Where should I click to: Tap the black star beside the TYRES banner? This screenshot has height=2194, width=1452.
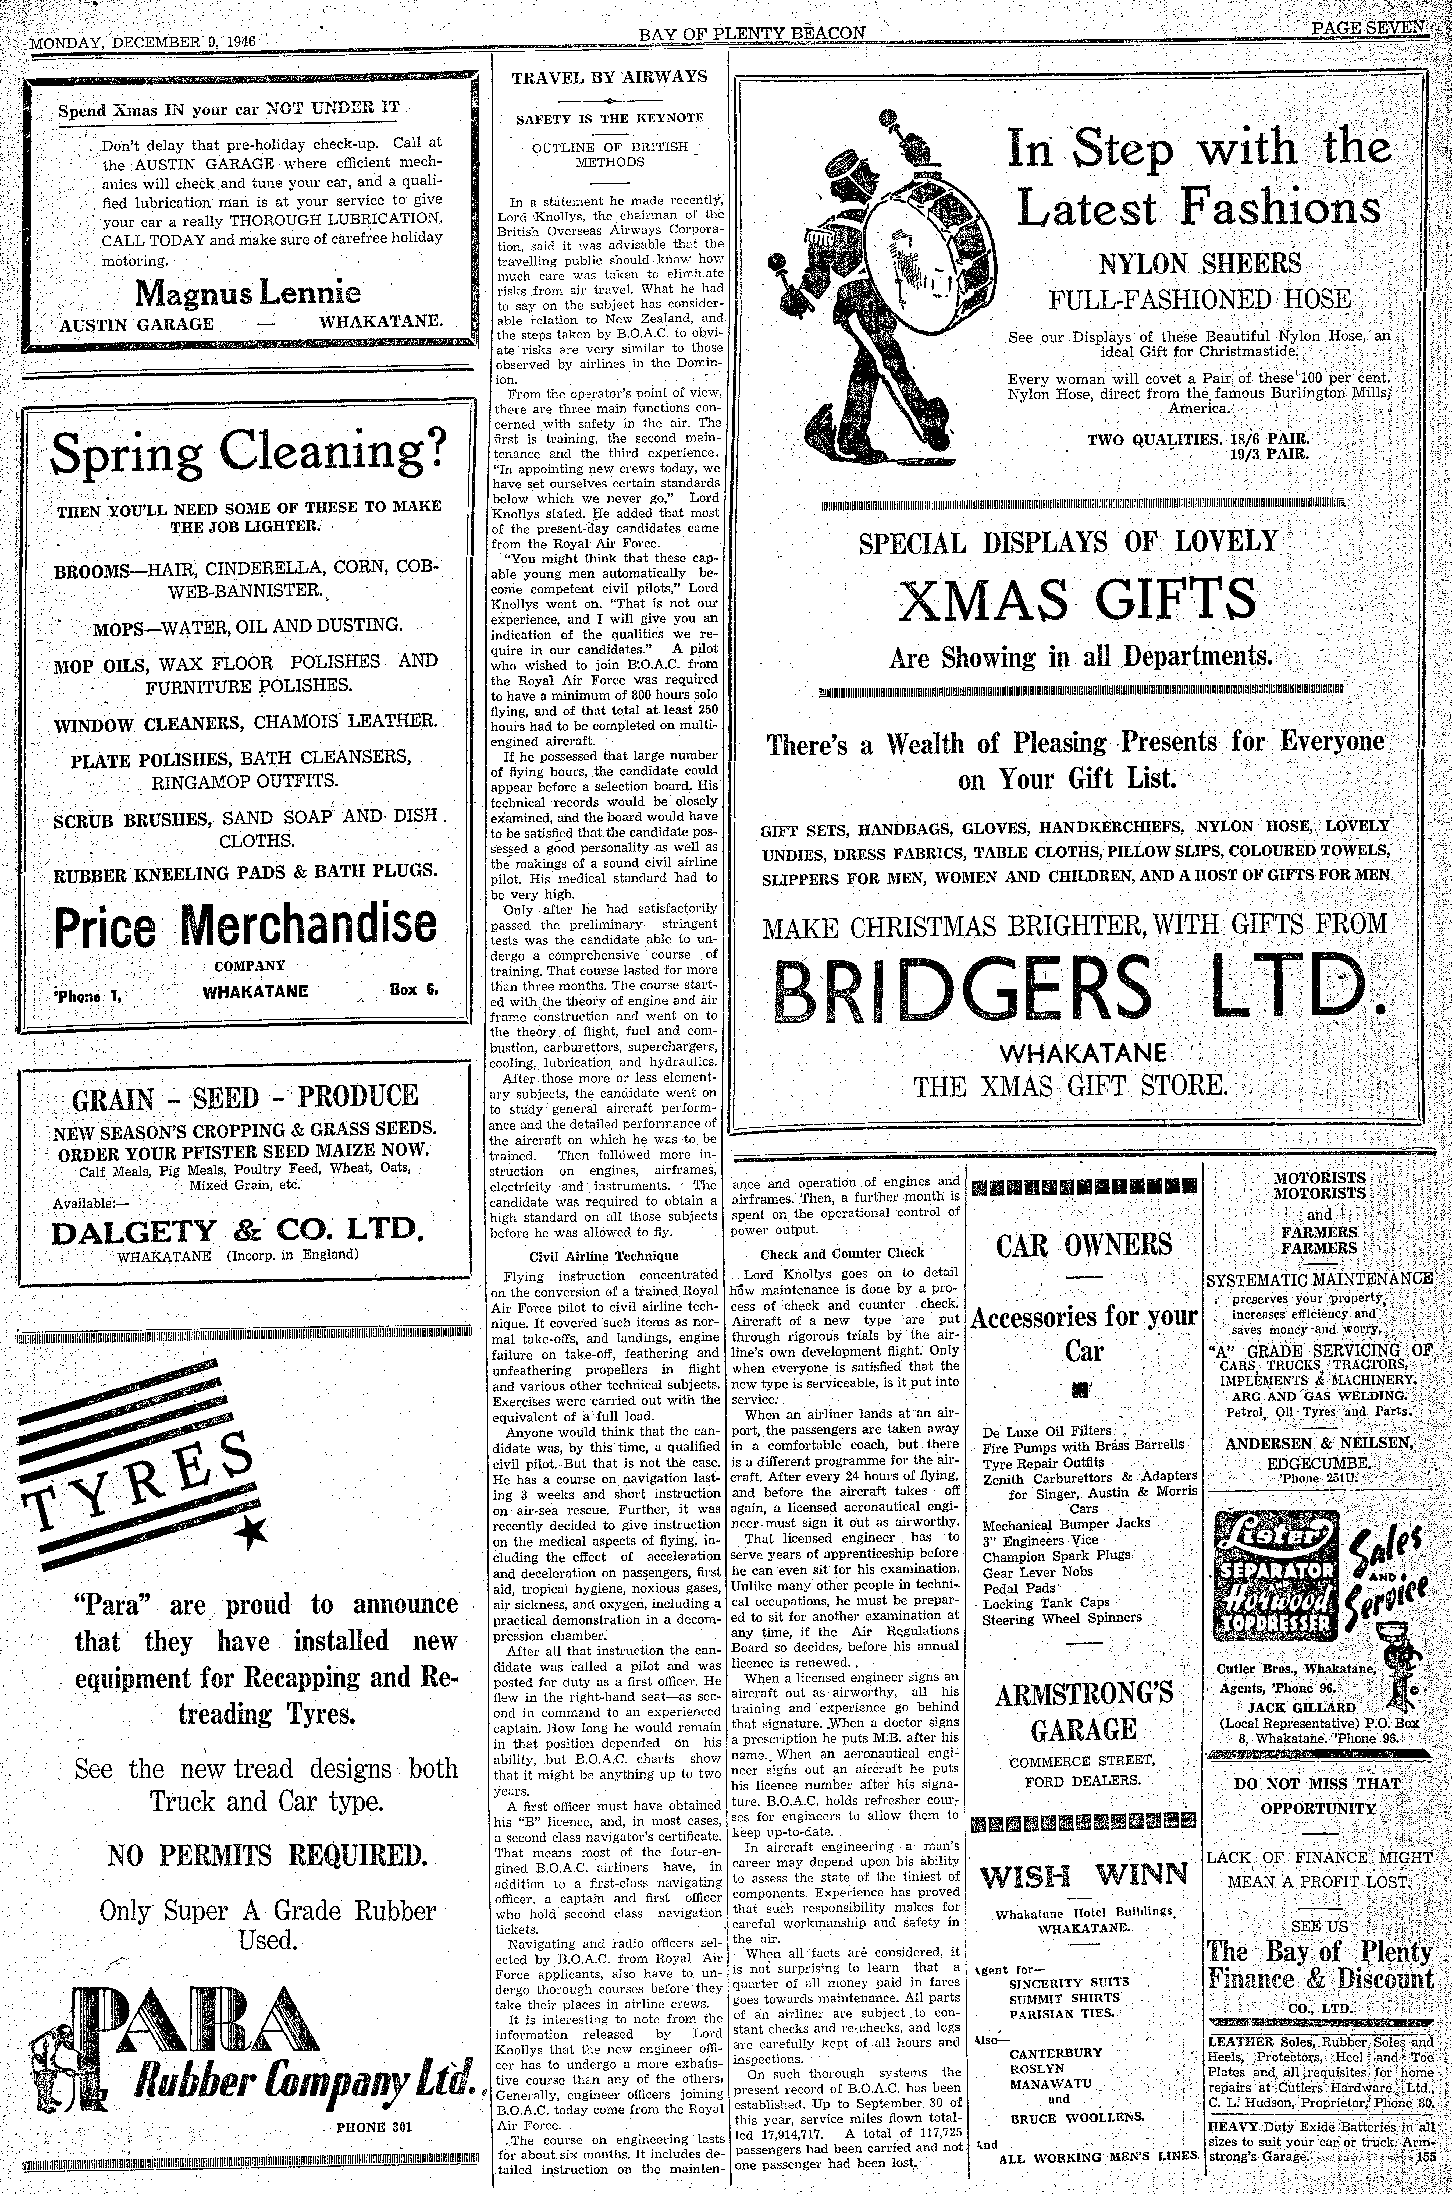click(x=250, y=1534)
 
